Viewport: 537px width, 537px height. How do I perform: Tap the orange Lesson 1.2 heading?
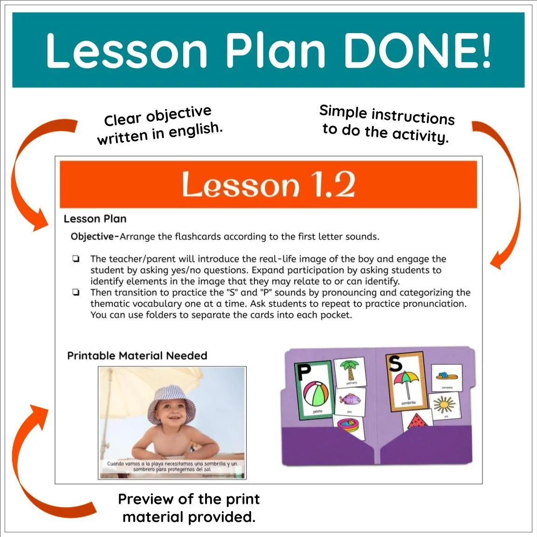click(268, 185)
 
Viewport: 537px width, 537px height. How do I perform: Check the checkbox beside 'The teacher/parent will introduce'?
click(76, 259)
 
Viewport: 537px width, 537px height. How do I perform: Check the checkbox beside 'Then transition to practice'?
click(76, 293)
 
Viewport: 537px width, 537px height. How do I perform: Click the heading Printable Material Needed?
click(137, 356)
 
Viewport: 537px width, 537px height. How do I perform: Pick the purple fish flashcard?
click(349, 400)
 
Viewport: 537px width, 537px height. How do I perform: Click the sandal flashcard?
click(446, 376)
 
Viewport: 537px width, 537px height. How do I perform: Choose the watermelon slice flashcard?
click(416, 421)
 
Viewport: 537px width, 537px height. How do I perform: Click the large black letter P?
click(304, 372)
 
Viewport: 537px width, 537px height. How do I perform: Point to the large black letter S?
click(395, 362)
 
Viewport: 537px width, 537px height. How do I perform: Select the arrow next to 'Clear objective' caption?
click(28, 177)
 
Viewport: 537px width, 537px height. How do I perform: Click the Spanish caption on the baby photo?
click(172, 466)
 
